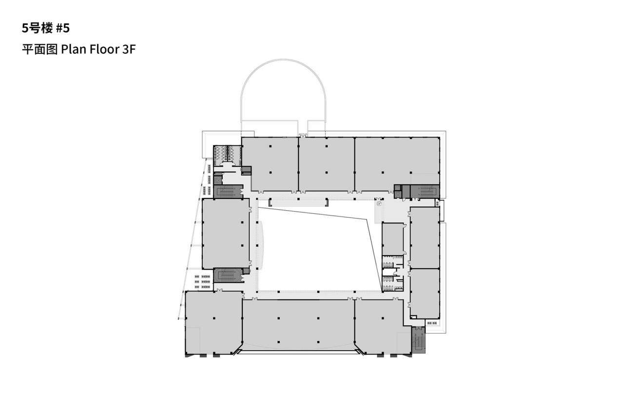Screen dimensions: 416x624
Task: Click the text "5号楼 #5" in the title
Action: [46, 28]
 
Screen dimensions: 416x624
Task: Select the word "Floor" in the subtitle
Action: [102, 50]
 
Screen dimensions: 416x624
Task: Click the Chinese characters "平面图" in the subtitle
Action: [39, 50]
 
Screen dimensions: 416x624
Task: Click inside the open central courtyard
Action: [317, 254]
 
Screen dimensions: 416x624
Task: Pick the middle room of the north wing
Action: [326, 163]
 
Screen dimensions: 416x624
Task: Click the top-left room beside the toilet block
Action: [270, 163]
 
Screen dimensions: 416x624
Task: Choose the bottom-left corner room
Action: [214, 322]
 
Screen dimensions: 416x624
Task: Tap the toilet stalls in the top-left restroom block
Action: [227, 153]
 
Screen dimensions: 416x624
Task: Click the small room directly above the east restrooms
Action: [392, 238]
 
